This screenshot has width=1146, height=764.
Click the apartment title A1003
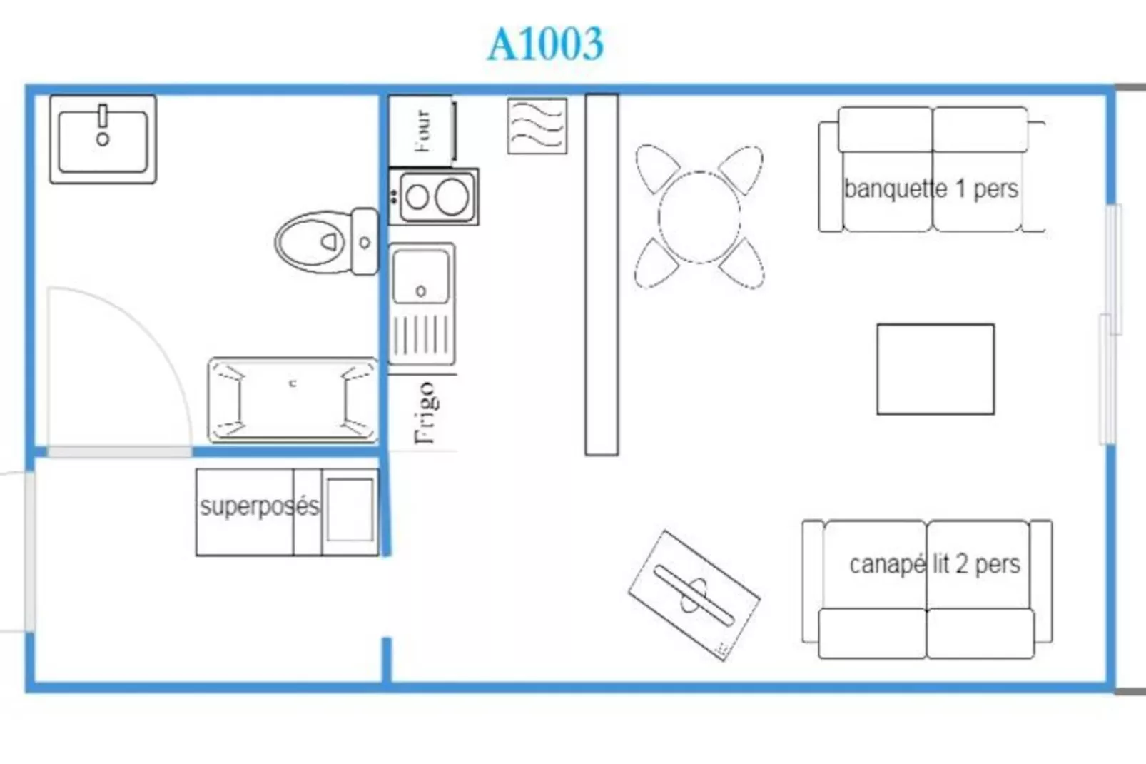click(546, 44)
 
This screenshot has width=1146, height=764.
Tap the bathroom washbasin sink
click(103, 139)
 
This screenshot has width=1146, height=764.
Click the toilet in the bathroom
click(327, 241)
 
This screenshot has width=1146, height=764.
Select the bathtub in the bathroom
click(293, 400)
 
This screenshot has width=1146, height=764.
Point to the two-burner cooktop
click(434, 196)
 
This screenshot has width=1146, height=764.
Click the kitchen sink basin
click(421, 276)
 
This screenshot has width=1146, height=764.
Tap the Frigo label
click(426, 413)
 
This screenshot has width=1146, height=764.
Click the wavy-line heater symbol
click(537, 126)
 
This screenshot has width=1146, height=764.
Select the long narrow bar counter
click(602, 274)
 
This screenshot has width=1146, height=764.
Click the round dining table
click(699, 218)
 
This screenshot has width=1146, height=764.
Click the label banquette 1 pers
click(931, 189)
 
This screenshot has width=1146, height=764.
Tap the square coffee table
click(935, 369)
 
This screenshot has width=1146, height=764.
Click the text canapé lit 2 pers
click(935, 564)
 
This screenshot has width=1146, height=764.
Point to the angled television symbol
click(694, 595)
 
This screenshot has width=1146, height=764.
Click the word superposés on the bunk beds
click(260, 506)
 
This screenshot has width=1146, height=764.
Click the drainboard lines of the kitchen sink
click(422, 336)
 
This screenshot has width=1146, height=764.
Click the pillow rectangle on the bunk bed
click(350, 510)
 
